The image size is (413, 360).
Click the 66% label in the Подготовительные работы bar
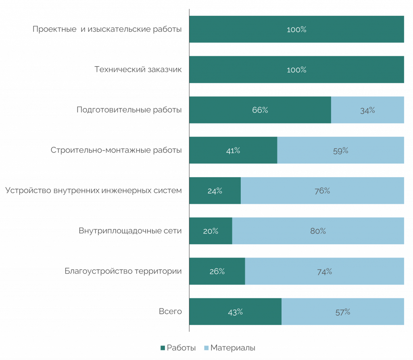point(260,110)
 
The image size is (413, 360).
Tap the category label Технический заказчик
point(138,70)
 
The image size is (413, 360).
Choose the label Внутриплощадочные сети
point(130,231)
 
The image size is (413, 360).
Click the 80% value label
point(318,231)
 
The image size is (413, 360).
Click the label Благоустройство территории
point(123,271)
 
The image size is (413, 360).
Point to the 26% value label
point(217,272)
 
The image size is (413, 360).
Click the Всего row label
point(170,312)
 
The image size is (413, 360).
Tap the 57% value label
point(343,312)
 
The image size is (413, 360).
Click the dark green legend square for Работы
point(163,348)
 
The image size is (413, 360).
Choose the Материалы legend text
point(233,348)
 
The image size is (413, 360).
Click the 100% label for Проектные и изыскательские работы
point(296,29)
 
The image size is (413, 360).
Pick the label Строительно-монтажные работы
point(116,150)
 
